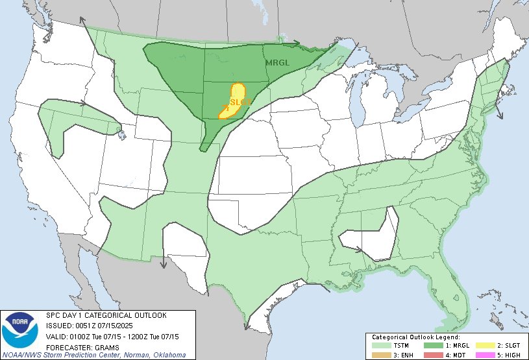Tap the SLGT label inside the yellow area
(240, 101)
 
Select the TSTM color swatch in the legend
(380, 346)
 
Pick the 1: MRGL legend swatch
(432, 346)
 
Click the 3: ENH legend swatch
(380, 355)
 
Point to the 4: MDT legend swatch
(432, 355)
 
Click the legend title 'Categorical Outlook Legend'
(415, 338)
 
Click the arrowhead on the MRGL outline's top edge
(296, 43)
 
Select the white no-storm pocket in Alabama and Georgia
(380, 234)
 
